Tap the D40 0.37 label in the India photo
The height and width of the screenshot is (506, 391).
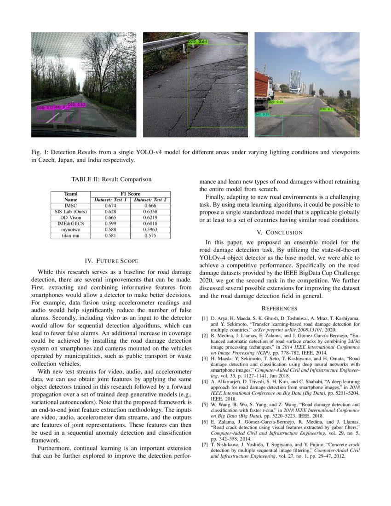click(262, 115)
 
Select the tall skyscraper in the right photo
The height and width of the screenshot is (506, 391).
click(294, 81)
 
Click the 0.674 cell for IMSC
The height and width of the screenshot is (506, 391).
click(110, 206)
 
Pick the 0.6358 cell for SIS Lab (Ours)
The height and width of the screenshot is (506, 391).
click(150, 212)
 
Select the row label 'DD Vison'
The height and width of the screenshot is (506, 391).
click(70, 218)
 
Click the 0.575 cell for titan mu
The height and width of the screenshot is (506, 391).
click(150, 236)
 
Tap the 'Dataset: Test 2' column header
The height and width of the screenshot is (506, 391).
click(150, 200)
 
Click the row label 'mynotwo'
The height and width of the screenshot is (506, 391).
click(70, 230)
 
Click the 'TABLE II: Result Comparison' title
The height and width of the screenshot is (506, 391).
click(111, 179)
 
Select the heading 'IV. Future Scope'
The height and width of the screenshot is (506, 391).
click(111, 261)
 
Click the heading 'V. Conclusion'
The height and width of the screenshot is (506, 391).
click(279, 232)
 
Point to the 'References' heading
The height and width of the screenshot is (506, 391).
click(279, 308)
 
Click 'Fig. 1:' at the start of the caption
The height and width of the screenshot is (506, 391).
click(40, 152)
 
